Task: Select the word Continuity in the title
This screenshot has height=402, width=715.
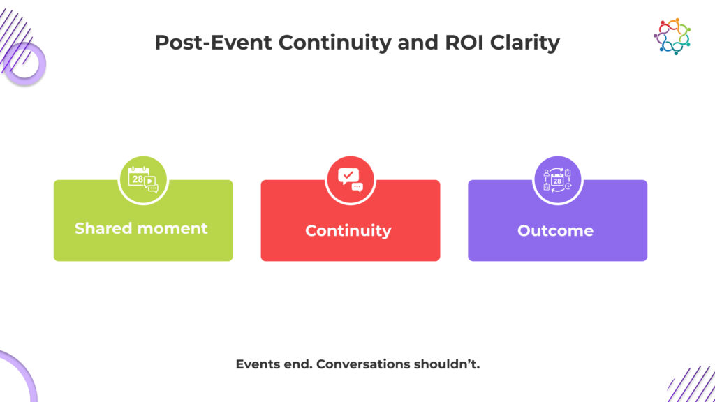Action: tap(333, 43)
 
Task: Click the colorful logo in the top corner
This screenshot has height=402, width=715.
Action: tap(672, 36)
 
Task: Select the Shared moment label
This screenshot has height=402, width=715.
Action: tap(141, 228)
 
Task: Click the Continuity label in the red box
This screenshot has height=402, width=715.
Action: tap(348, 231)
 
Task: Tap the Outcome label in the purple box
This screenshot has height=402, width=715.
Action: tap(555, 231)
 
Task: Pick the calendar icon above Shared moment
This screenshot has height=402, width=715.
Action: tap(142, 180)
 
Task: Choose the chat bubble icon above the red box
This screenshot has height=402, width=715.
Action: tap(350, 180)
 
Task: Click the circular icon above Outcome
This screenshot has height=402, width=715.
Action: tap(557, 180)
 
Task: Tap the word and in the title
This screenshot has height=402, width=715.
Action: tap(417, 43)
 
